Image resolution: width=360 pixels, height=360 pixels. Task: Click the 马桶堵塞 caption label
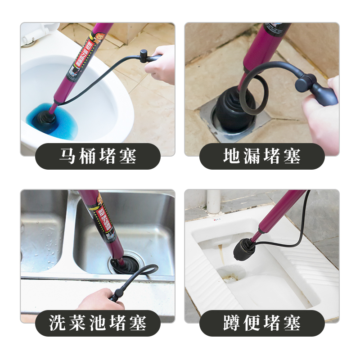(98, 156)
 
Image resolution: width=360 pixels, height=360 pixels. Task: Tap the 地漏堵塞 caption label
(262, 156)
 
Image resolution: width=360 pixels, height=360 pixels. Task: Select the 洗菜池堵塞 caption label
(98, 323)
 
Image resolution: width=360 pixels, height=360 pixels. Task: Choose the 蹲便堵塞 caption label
(262, 323)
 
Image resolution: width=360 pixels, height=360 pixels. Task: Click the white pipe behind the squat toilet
(214, 200)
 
